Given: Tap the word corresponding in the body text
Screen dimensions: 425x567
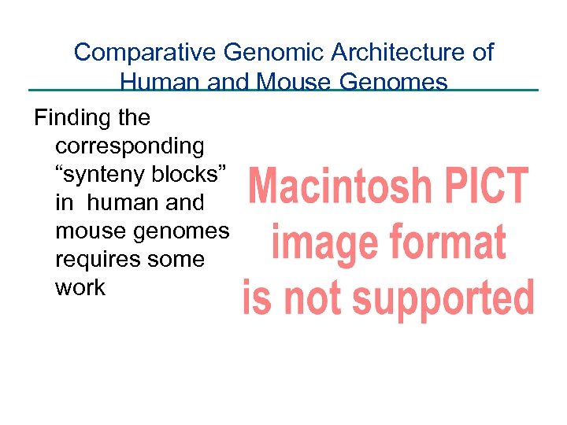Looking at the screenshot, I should click(130, 146).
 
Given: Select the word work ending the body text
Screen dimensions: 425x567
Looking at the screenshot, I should click(80, 288).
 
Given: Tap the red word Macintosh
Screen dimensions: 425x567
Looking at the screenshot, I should click(340, 187).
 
